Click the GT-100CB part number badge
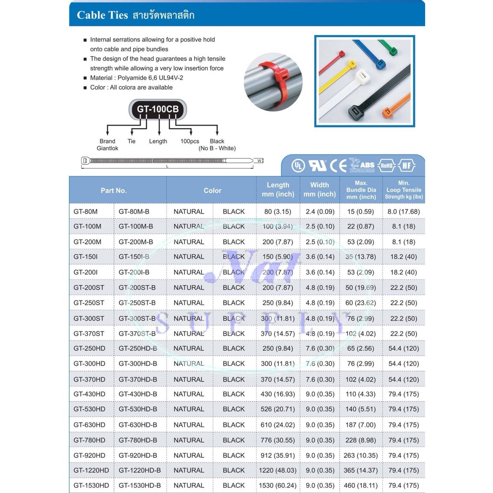tap(157, 109)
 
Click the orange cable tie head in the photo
tap(388, 112)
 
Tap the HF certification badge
tap(407, 166)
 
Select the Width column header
tap(319, 189)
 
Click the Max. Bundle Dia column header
tap(361, 190)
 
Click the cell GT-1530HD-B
tap(140, 485)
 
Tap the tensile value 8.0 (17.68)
tap(403, 211)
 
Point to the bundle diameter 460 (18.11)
tap(361, 485)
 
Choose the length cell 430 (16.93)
tap(277, 394)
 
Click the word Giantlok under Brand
tap(107, 148)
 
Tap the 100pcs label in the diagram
tap(190, 141)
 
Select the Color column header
tap(212, 191)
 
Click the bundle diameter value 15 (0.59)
tap(361, 211)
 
